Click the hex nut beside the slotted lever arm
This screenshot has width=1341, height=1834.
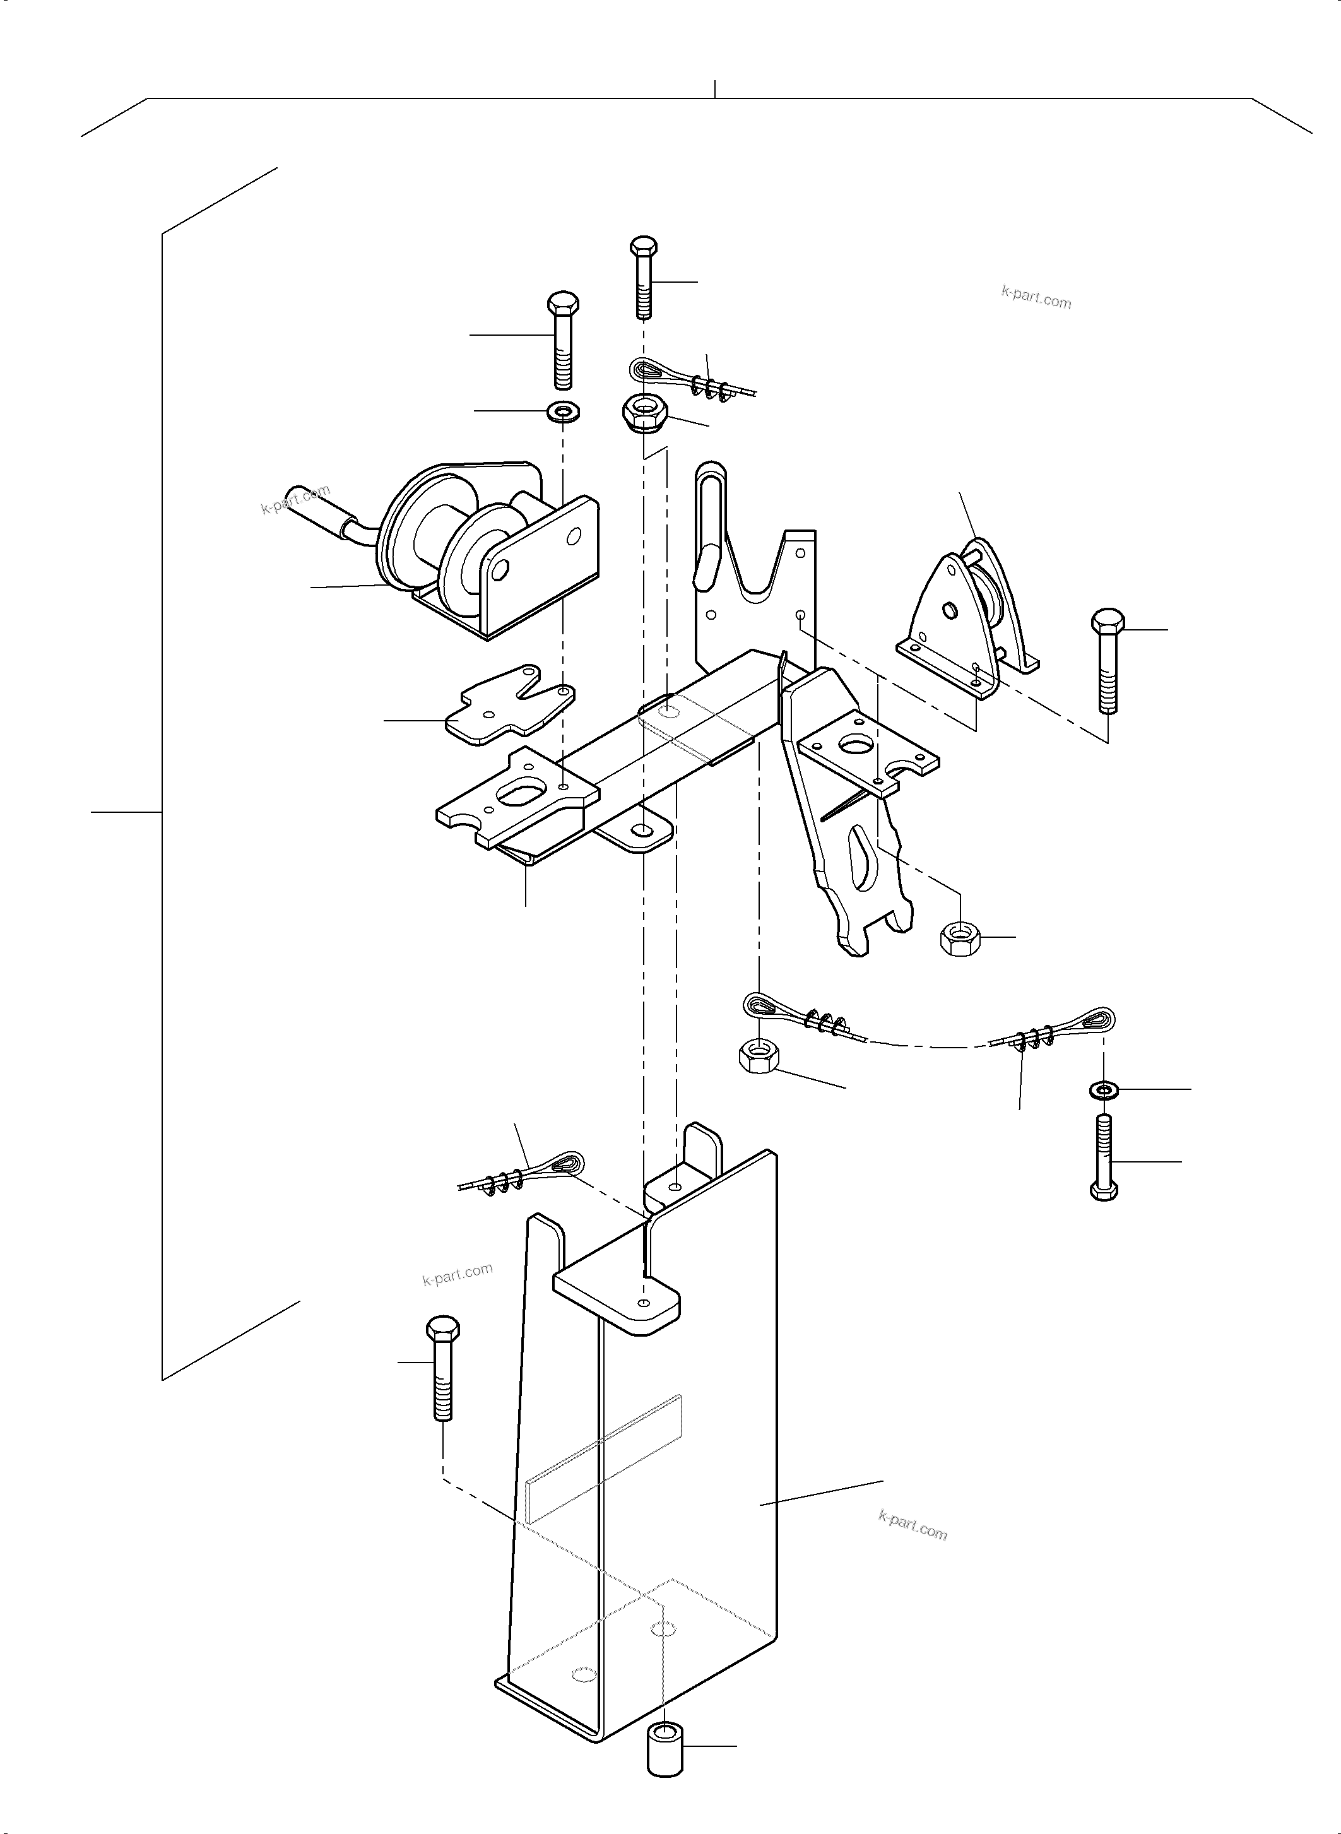pos(961,938)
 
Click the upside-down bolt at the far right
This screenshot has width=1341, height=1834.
pos(1104,1157)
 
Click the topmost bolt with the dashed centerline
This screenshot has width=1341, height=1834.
pos(644,278)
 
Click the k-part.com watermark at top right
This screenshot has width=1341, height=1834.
pos(1036,297)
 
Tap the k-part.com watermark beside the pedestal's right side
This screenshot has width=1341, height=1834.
pos(913,1525)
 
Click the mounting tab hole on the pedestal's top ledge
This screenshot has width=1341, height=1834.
pos(644,1301)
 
